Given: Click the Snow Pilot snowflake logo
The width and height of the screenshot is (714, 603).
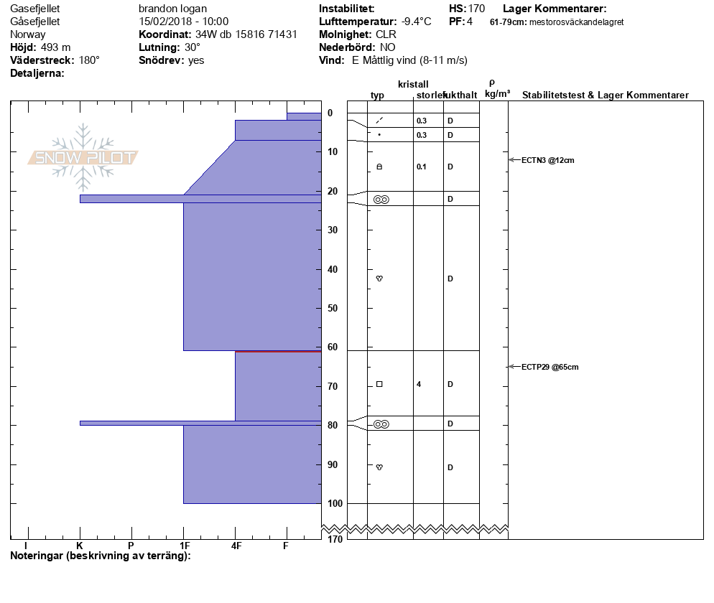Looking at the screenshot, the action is pyautogui.click(x=83, y=157).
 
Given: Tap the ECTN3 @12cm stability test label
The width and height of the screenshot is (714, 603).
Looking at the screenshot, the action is pyautogui.click(x=548, y=160).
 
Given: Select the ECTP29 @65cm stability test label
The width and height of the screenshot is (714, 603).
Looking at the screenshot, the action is pyautogui.click(x=550, y=367).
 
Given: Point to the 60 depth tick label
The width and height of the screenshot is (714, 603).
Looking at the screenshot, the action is pyautogui.click(x=333, y=347).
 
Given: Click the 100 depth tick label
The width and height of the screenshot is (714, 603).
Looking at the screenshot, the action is pyautogui.click(x=335, y=503).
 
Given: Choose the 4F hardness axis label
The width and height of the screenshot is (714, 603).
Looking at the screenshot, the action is pyautogui.click(x=236, y=546).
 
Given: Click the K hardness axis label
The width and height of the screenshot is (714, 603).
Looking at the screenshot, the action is pyautogui.click(x=80, y=546).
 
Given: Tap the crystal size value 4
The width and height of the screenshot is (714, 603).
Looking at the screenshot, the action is pyautogui.click(x=419, y=384).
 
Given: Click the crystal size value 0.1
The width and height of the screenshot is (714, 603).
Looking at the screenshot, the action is pyautogui.click(x=421, y=167).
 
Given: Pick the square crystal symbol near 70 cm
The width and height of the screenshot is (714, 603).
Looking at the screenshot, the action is pyautogui.click(x=379, y=384).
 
